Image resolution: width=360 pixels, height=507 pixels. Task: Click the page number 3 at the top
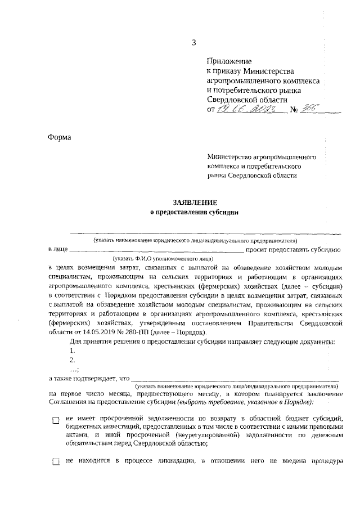click(194, 42)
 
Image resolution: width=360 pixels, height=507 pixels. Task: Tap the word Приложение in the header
click(229, 61)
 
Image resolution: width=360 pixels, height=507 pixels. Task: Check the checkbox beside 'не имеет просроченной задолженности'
click(55, 420)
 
